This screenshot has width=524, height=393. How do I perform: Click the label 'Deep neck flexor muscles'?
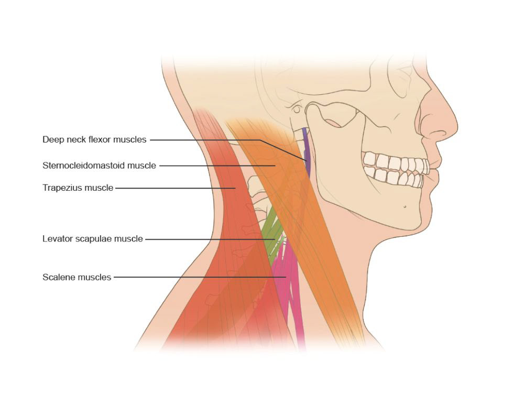[94, 140]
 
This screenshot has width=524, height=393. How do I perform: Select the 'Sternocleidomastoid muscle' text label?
[99, 166]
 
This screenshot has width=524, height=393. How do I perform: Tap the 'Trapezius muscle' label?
[78, 188]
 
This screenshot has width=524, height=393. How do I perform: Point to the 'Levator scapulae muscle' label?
[92, 239]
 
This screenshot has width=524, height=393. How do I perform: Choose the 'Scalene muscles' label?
[77, 277]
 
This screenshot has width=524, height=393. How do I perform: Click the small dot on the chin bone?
[405, 206]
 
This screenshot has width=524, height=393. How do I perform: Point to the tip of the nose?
[455, 126]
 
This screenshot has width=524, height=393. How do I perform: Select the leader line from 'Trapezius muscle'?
[173, 188]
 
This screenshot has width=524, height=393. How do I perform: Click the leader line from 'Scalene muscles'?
[199, 277]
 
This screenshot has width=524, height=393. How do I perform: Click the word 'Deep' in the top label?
[52, 140]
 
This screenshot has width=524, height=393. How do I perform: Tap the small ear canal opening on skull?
[297, 110]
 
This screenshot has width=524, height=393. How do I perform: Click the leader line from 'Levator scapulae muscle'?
[210, 239]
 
